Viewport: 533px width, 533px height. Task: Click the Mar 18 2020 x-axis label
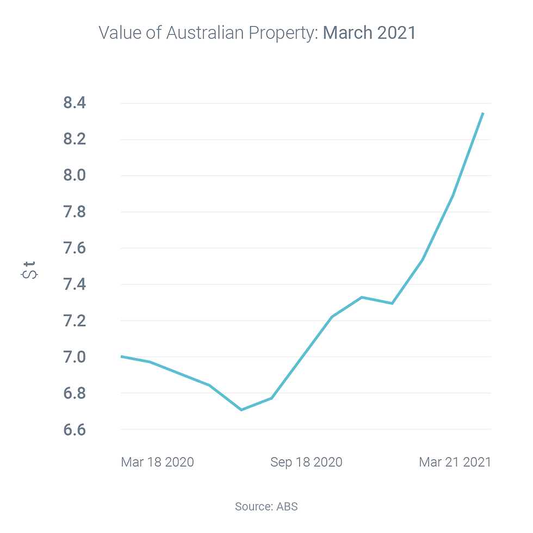point(157,462)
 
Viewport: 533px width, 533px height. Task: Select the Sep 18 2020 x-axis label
point(306,462)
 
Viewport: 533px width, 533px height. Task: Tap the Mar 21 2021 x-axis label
point(455,462)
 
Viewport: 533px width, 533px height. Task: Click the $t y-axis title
point(30,270)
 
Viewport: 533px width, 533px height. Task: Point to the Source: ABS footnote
point(266,506)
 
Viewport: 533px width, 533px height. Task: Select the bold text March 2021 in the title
point(369,33)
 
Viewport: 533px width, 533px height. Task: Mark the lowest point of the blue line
point(241,410)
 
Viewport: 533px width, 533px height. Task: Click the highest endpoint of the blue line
point(483,113)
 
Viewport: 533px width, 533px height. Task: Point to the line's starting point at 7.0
point(121,356)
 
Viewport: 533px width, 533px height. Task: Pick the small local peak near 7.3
point(362,297)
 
